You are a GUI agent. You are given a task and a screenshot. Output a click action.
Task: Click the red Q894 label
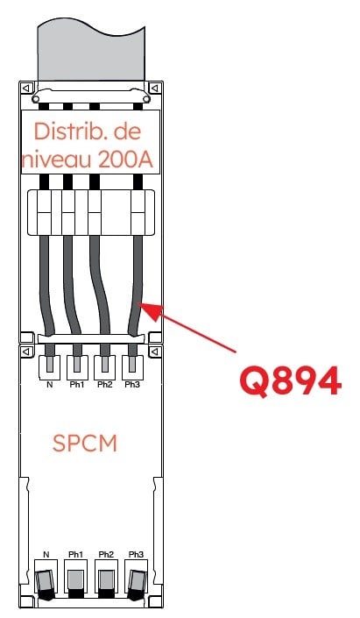click(290, 381)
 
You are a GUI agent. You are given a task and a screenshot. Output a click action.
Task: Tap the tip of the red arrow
click(139, 303)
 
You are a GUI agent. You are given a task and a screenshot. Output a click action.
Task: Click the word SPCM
click(85, 444)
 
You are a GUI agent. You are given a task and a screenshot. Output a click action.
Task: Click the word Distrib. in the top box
click(62, 131)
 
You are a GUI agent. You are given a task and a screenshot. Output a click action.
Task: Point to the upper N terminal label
click(49, 385)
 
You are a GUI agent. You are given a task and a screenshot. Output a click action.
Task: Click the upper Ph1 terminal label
click(77, 385)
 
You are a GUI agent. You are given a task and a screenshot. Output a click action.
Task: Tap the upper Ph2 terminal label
click(105, 385)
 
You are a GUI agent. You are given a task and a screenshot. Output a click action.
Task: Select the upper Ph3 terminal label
click(132, 385)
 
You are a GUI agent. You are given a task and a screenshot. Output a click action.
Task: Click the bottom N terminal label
click(46, 555)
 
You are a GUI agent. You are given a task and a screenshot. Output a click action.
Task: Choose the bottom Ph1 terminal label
click(76, 555)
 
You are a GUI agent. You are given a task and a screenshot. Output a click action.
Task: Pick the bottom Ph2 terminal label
click(106, 555)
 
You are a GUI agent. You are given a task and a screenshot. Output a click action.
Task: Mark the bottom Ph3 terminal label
click(136, 555)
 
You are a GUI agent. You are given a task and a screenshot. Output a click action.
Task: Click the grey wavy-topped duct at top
click(91, 53)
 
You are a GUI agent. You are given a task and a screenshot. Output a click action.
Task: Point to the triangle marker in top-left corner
click(26, 88)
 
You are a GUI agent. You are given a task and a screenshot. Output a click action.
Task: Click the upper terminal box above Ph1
click(77, 367)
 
